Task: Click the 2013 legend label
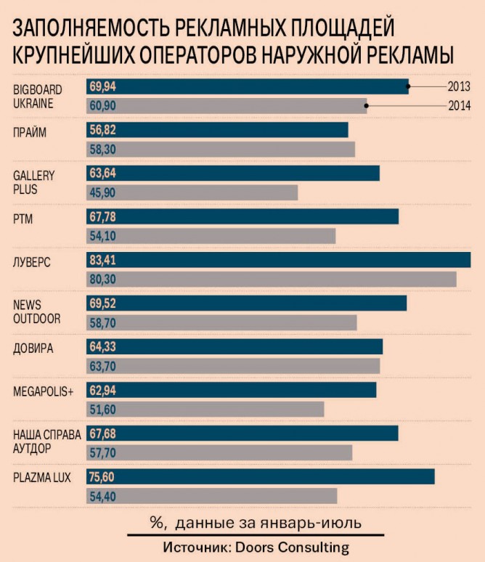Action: coord(459,86)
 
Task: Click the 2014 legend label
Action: coord(459,106)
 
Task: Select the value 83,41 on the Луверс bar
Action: coord(102,260)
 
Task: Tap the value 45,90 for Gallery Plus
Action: coord(102,192)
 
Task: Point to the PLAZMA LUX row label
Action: coord(42,477)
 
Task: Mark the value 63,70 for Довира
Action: coord(102,366)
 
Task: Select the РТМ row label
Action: coord(23,216)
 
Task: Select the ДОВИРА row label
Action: coord(33,347)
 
